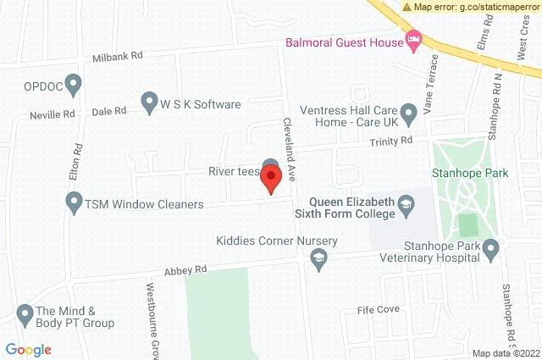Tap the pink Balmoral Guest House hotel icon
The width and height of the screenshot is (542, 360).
(x=413, y=39)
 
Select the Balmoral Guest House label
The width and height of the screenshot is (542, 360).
(x=344, y=40)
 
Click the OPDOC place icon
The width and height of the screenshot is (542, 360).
(x=74, y=84)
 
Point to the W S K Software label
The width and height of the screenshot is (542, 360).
(x=202, y=104)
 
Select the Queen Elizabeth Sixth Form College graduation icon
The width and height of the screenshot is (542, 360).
(x=407, y=205)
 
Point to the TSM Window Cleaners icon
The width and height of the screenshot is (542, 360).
(x=74, y=203)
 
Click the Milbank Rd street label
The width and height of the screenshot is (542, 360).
(x=119, y=56)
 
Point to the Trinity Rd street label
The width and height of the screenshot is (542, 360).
(x=395, y=140)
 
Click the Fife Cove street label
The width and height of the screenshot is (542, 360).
(x=378, y=309)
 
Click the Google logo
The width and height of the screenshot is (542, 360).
(x=28, y=349)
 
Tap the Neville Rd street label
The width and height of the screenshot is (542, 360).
(x=53, y=114)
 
